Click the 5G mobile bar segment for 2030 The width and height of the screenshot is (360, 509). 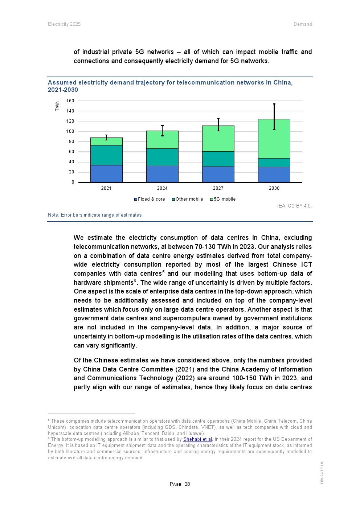point(274,139)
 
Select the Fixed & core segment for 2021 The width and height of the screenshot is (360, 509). point(106,173)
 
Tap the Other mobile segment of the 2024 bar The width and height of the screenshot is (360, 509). point(162,157)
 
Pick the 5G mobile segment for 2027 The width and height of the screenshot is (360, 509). point(218,139)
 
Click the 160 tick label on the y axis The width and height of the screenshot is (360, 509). point(70,101)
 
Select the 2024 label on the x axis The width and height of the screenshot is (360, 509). point(162,188)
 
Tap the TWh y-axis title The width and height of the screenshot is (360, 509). point(57,106)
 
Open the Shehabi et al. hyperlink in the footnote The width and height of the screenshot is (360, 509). point(198,439)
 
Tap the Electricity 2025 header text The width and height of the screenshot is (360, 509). point(64,24)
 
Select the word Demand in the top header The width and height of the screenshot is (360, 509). point(303,24)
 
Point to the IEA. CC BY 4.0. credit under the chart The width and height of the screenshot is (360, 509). point(294,206)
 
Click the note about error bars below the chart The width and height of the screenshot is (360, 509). point(95,215)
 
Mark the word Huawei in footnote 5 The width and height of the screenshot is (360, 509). point(195,433)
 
